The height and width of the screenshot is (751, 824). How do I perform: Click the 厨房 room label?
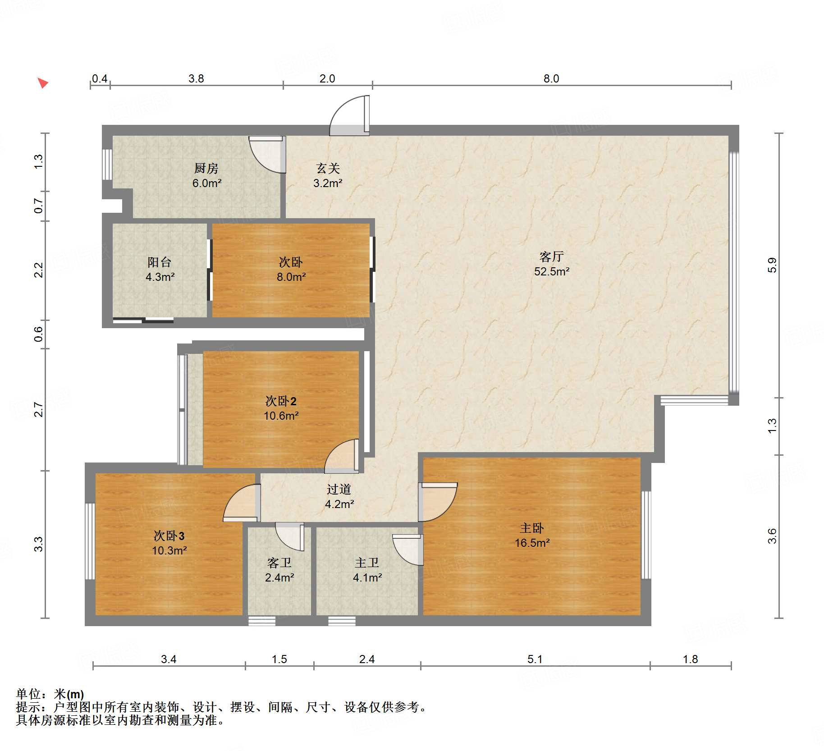point(206,168)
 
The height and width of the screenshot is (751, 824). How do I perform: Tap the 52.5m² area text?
point(551,271)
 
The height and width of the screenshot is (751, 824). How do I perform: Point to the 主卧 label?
point(532,528)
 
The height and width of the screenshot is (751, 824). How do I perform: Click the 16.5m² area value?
point(532,543)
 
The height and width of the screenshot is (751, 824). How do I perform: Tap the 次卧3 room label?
point(169,536)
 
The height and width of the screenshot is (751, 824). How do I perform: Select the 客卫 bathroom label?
point(279,563)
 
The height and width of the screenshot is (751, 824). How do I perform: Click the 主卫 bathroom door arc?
point(407,550)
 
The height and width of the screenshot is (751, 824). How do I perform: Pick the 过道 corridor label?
point(339,489)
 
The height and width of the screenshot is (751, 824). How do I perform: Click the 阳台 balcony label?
point(159,262)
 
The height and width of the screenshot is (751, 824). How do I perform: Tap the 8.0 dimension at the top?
point(551,78)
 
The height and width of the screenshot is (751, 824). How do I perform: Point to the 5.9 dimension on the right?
point(772,265)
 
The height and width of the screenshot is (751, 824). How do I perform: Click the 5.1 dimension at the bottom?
point(535,659)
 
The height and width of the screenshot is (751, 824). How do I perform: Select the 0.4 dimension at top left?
point(99,78)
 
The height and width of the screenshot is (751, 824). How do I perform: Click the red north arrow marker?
point(42,83)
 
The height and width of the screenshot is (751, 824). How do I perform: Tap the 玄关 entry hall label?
point(328,168)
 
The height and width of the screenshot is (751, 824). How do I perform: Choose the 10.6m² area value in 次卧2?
point(281,416)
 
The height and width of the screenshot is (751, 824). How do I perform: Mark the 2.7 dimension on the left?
point(39,409)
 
